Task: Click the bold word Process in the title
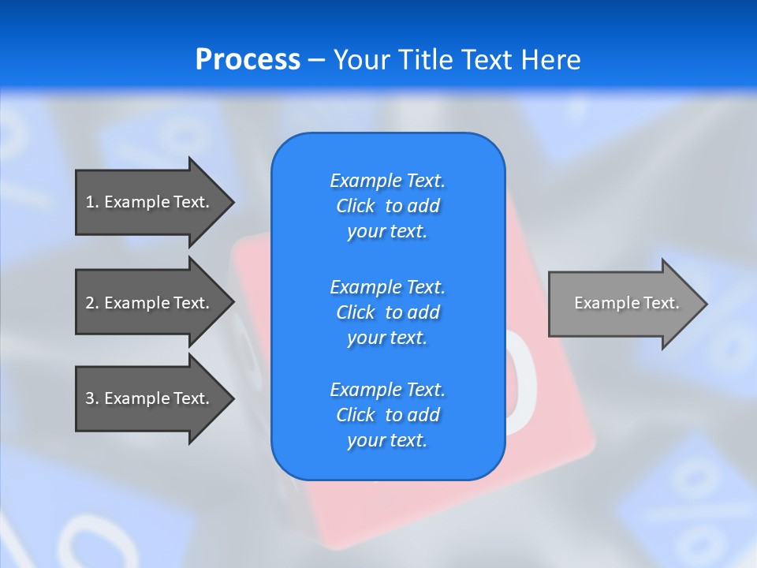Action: coord(248,60)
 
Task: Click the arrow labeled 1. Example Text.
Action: coord(150,202)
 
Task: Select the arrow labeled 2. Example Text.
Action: coord(150,303)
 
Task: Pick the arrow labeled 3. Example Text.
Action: coord(150,398)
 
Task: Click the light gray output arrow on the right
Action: coord(623,303)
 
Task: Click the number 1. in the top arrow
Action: coord(91,202)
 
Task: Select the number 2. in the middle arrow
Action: coord(91,303)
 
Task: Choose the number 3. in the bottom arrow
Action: coord(91,398)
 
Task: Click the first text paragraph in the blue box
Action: coord(387,206)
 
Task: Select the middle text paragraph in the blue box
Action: coord(387,312)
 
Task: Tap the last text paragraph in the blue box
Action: coord(387,415)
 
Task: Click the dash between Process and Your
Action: coord(316,60)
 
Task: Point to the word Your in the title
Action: coord(360,60)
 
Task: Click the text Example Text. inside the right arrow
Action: coord(626,303)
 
